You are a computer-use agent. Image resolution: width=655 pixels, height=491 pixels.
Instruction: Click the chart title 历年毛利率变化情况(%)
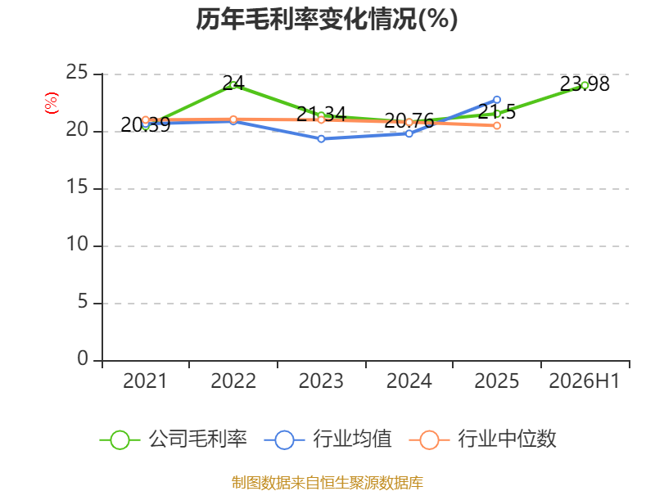(x=327, y=19)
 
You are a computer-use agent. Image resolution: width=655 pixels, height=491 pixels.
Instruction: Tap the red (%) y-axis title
(x=52, y=103)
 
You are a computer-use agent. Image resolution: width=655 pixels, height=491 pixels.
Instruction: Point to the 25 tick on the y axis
(x=77, y=73)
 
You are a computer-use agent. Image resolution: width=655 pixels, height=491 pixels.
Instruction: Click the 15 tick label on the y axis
(x=77, y=187)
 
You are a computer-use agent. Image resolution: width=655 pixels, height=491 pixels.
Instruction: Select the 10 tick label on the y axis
(x=77, y=244)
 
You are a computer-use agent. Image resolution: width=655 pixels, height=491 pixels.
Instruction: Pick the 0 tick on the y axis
(x=83, y=358)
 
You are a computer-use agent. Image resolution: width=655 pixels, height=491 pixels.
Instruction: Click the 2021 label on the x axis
(x=145, y=381)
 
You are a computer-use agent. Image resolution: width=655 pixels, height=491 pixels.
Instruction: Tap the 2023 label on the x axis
(x=321, y=381)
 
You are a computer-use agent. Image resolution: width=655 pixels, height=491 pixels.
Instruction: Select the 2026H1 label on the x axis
(x=584, y=381)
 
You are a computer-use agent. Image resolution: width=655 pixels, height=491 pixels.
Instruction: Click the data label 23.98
(x=585, y=84)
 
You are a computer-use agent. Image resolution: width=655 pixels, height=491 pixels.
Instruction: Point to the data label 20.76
(x=409, y=120)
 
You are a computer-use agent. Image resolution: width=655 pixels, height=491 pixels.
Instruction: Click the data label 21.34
(x=321, y=114)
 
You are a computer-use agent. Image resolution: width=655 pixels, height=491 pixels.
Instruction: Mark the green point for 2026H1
(x=585, y=86)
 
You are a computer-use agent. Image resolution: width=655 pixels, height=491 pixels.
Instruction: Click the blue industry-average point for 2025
(x=497, y=100)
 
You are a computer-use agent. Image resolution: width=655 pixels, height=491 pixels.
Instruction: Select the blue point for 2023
(x=321, y=139)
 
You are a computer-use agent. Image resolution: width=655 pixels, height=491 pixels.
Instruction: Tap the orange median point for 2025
(x=497, y=126)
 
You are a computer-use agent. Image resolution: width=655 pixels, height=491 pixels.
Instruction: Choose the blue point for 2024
(x=409, y=133)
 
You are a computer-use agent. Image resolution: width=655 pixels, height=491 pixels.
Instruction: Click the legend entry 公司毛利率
(x=174, y=439)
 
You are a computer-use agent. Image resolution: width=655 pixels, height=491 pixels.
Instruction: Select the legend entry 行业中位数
(x=482, y=439)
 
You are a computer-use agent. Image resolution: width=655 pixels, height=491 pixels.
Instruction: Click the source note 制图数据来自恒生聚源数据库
(x=327, y=483)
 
